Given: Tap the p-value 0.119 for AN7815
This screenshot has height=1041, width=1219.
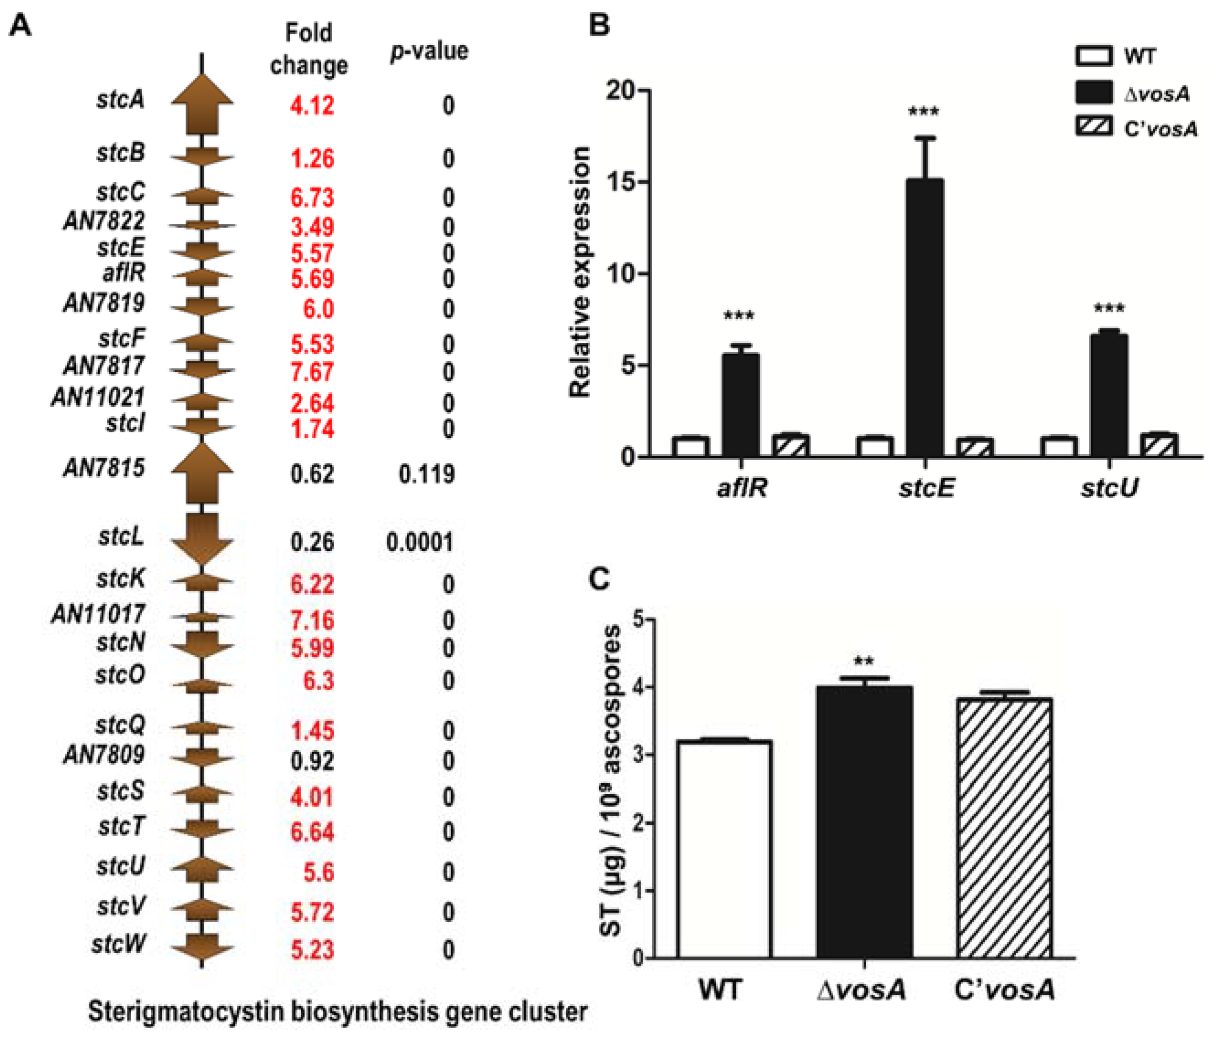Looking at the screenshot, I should (x=426, y=473).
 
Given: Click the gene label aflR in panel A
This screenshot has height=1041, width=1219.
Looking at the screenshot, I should (x=123, y=273).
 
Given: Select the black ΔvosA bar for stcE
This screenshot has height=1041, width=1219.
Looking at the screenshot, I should (x=924, y=318).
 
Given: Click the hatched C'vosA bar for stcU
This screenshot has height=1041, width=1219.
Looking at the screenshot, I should (x=1158, y=445).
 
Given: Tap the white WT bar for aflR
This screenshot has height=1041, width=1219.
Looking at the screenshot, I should (x=691, y=446).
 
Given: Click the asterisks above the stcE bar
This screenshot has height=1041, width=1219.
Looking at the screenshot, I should (x=924, y=112).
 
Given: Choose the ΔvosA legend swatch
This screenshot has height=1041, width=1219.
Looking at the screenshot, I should (x=1094, y=93).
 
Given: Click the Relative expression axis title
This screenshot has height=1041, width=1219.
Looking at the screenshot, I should (x=580, y=272).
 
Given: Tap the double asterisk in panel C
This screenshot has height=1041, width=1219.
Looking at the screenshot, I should (x=864, y=661).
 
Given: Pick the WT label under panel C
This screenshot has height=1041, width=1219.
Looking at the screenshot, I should (x=720, y=989).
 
